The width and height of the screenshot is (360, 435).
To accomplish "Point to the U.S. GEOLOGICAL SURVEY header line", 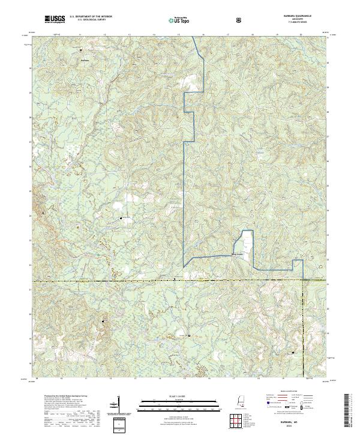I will click(91, 21).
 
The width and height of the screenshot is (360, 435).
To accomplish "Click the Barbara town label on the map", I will click(85, 59).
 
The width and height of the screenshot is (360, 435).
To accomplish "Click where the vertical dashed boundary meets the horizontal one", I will click(304, 280).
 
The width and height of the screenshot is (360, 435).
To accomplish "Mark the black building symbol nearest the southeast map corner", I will click(293, 353).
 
